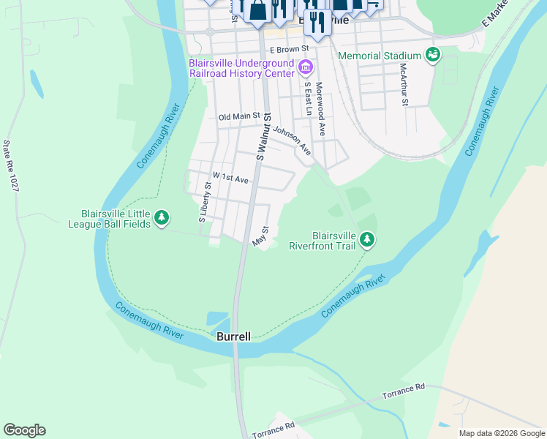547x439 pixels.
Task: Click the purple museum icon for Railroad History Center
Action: pyautogui.click(x=306, y=70)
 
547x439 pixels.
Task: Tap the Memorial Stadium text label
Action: pyautogui.click(x=380, y=56)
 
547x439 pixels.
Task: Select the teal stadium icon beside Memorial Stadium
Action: pyautogui.click(x=433, y=55)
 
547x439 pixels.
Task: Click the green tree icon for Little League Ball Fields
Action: pyautogui.click(x=162, y=218)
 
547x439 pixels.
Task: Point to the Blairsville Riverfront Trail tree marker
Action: pyautogui.click(x=367, y=240)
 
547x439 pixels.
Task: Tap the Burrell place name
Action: pyautogui.click(x=233, y=337)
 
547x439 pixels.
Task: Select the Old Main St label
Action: pyautogui.click(x=239, y=116)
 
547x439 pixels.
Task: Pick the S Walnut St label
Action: pyautogui.click(x=264, y=137)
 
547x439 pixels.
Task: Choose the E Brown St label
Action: pyautogui.click(x=290, y=50)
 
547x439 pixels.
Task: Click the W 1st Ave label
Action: pyautogui.click(x=230, y=177)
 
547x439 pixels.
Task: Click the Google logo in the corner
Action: pyautogui.click(x=24, y=429)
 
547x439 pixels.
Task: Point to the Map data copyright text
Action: pyautogui.click(x=501, y=433)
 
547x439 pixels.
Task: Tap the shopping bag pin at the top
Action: pyautogui.click(x=258, y=10)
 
